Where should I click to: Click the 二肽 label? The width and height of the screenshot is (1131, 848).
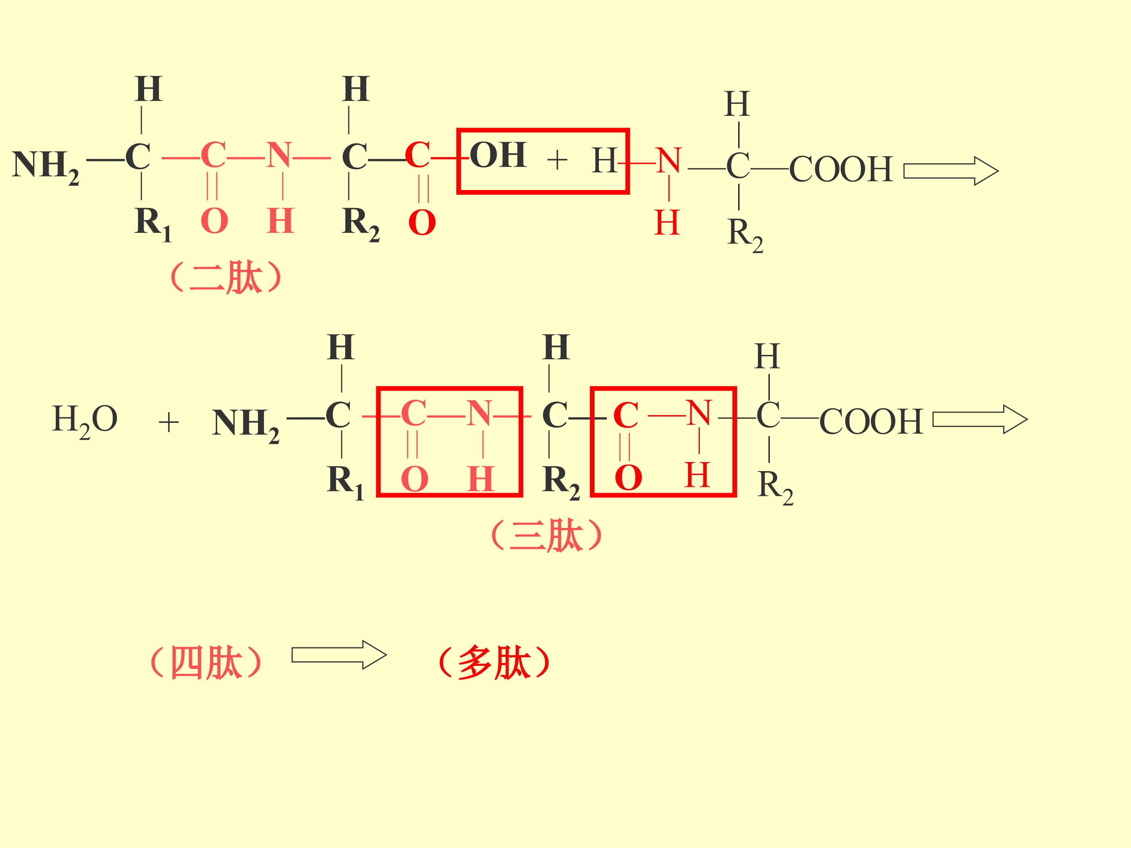(x=225, y=278)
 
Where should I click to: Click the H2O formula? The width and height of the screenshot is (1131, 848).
(x=85, y=421)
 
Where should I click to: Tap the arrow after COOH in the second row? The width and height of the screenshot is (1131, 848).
(x=980, y=419)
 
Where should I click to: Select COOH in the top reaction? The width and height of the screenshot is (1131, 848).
(x=841, y=169)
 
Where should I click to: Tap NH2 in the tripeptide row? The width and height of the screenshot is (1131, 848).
(x=246, y=425)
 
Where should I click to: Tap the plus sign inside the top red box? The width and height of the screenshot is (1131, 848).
(x=557, y=160)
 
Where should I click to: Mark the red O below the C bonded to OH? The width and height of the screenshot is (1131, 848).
(x=422, y=223)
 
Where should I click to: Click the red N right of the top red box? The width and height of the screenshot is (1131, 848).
(x=668, y=161)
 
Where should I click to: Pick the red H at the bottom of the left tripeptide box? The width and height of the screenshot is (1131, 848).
(x=481, y=479)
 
